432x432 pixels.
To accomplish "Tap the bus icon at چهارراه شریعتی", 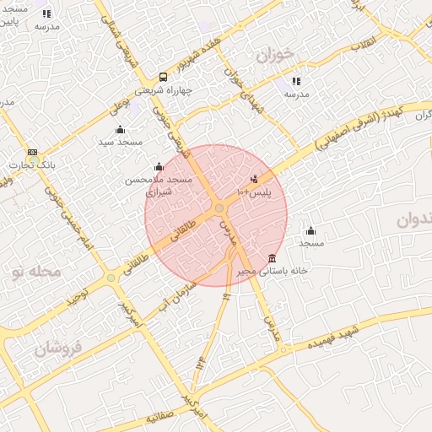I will pyautogui.click(x=163, y=77).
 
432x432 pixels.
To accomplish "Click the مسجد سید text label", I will pyautogui.click(x=118, y=142).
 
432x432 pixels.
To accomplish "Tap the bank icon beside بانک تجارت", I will pyautogui.click(x=32, y=152).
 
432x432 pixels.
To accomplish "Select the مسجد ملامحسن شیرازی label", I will pyautogui.click(x=159, y=186).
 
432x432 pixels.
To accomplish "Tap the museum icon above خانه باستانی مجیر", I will pyautogui.click(x=271, y=258).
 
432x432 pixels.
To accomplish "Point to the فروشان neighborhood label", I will pyautogui.click(x=58, y=347).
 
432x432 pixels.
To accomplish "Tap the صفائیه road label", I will pyautogui.click(x=159, y=418).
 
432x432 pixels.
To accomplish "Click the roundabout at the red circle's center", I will pyautogui.click(x=219, y=208).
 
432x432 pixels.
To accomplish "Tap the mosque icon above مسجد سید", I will pyautogui.click(x=119, y=129).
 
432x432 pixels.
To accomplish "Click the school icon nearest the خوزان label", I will pyautogui.click(x=296, y=81).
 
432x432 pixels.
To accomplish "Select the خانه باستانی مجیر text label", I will pyautogui.click(x=269, y=272).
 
